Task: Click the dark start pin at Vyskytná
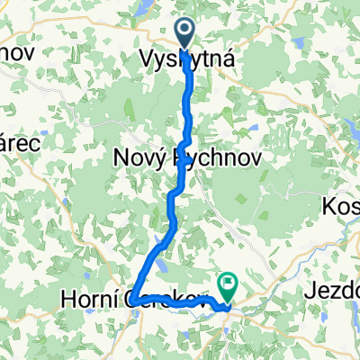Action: click(x=186, y=34)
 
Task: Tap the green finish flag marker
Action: click(x=227, y=287)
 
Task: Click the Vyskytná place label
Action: click(x=188, y=59)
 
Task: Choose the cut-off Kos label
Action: click(x=342, y=208)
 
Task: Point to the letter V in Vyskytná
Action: click(x=147, y=59)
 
